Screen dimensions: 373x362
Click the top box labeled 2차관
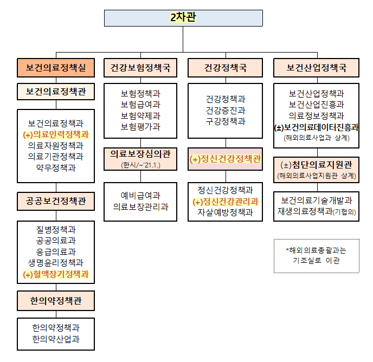coord(183,18)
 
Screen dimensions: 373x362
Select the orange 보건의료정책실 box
coord(56,68)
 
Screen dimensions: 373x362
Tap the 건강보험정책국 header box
coord(140,68)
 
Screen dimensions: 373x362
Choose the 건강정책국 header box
coord(226,68)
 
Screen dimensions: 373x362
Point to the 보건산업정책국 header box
coord(317,68)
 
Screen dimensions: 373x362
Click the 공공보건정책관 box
coord(56,201)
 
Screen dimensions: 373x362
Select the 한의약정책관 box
coord(56,301)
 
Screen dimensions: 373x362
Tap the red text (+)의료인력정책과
coord(56,134)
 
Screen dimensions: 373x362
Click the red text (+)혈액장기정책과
coord(56,274)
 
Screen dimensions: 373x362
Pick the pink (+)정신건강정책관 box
coord(226,159)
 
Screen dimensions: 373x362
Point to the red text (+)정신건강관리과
coord(226,202)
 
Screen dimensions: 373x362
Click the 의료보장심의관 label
coord(140,154)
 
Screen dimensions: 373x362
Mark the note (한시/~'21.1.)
coord(140,165)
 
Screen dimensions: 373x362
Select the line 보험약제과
coord(140,116)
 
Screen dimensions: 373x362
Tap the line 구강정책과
coord(226,121)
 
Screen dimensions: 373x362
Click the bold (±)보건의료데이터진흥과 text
coord(317,127)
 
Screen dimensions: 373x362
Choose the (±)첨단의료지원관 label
coord(317,165)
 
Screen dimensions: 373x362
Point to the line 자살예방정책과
coord(226,212)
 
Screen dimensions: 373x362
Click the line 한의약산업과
coord(56,339)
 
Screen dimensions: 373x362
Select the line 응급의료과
coord(56,251)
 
